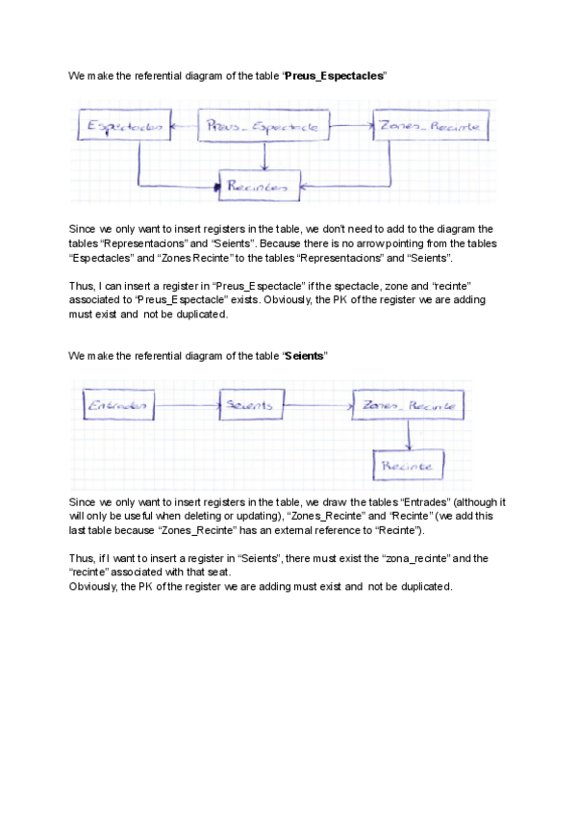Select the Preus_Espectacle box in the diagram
tap(263, 126)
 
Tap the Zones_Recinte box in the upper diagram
tap(430, 126)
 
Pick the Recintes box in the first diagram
tap(259, 187)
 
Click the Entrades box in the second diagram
tap(118, 406)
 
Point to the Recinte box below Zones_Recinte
tap(408, 467)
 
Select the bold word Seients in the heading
tap(306, 356)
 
